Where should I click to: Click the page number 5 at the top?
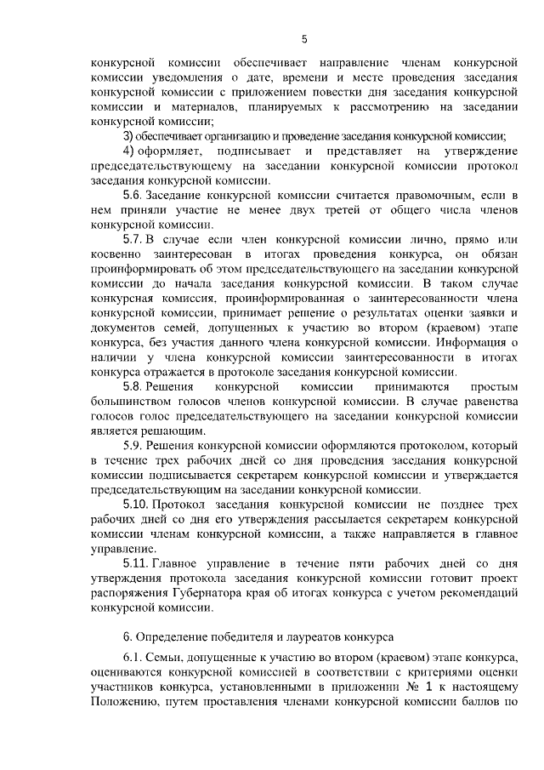[304, 38]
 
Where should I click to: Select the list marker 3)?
[128, 137]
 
